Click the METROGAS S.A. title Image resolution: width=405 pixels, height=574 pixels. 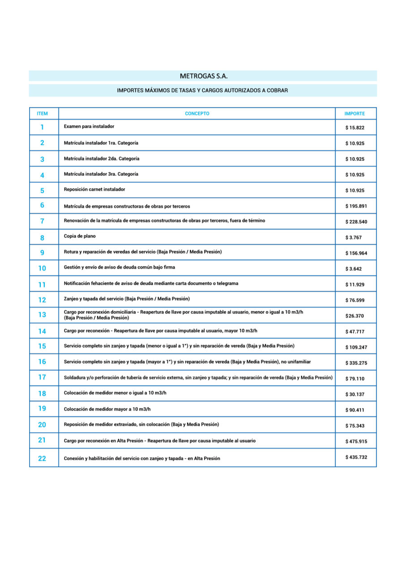203,76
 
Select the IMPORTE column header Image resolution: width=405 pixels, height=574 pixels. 354,114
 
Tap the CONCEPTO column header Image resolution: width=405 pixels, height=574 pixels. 197,114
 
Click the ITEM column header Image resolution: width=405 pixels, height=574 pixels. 42,114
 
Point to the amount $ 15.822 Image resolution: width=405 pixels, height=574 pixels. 355,128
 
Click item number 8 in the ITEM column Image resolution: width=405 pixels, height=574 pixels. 42,238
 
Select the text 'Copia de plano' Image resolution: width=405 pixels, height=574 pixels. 80,236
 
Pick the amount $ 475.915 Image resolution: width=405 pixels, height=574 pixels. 356,442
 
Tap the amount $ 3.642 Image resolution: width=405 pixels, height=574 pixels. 353,269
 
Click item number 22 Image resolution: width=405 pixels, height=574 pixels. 42,458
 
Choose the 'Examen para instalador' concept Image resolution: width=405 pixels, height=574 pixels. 89,126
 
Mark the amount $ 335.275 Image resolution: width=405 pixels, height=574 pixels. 356,363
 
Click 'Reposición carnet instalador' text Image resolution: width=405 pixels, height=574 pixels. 95,189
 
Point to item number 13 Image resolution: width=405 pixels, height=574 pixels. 42,315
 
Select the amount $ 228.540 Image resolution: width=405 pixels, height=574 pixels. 356,222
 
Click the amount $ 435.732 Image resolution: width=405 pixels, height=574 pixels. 356,457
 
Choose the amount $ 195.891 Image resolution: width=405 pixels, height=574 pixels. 356,206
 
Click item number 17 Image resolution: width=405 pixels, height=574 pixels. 42,377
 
